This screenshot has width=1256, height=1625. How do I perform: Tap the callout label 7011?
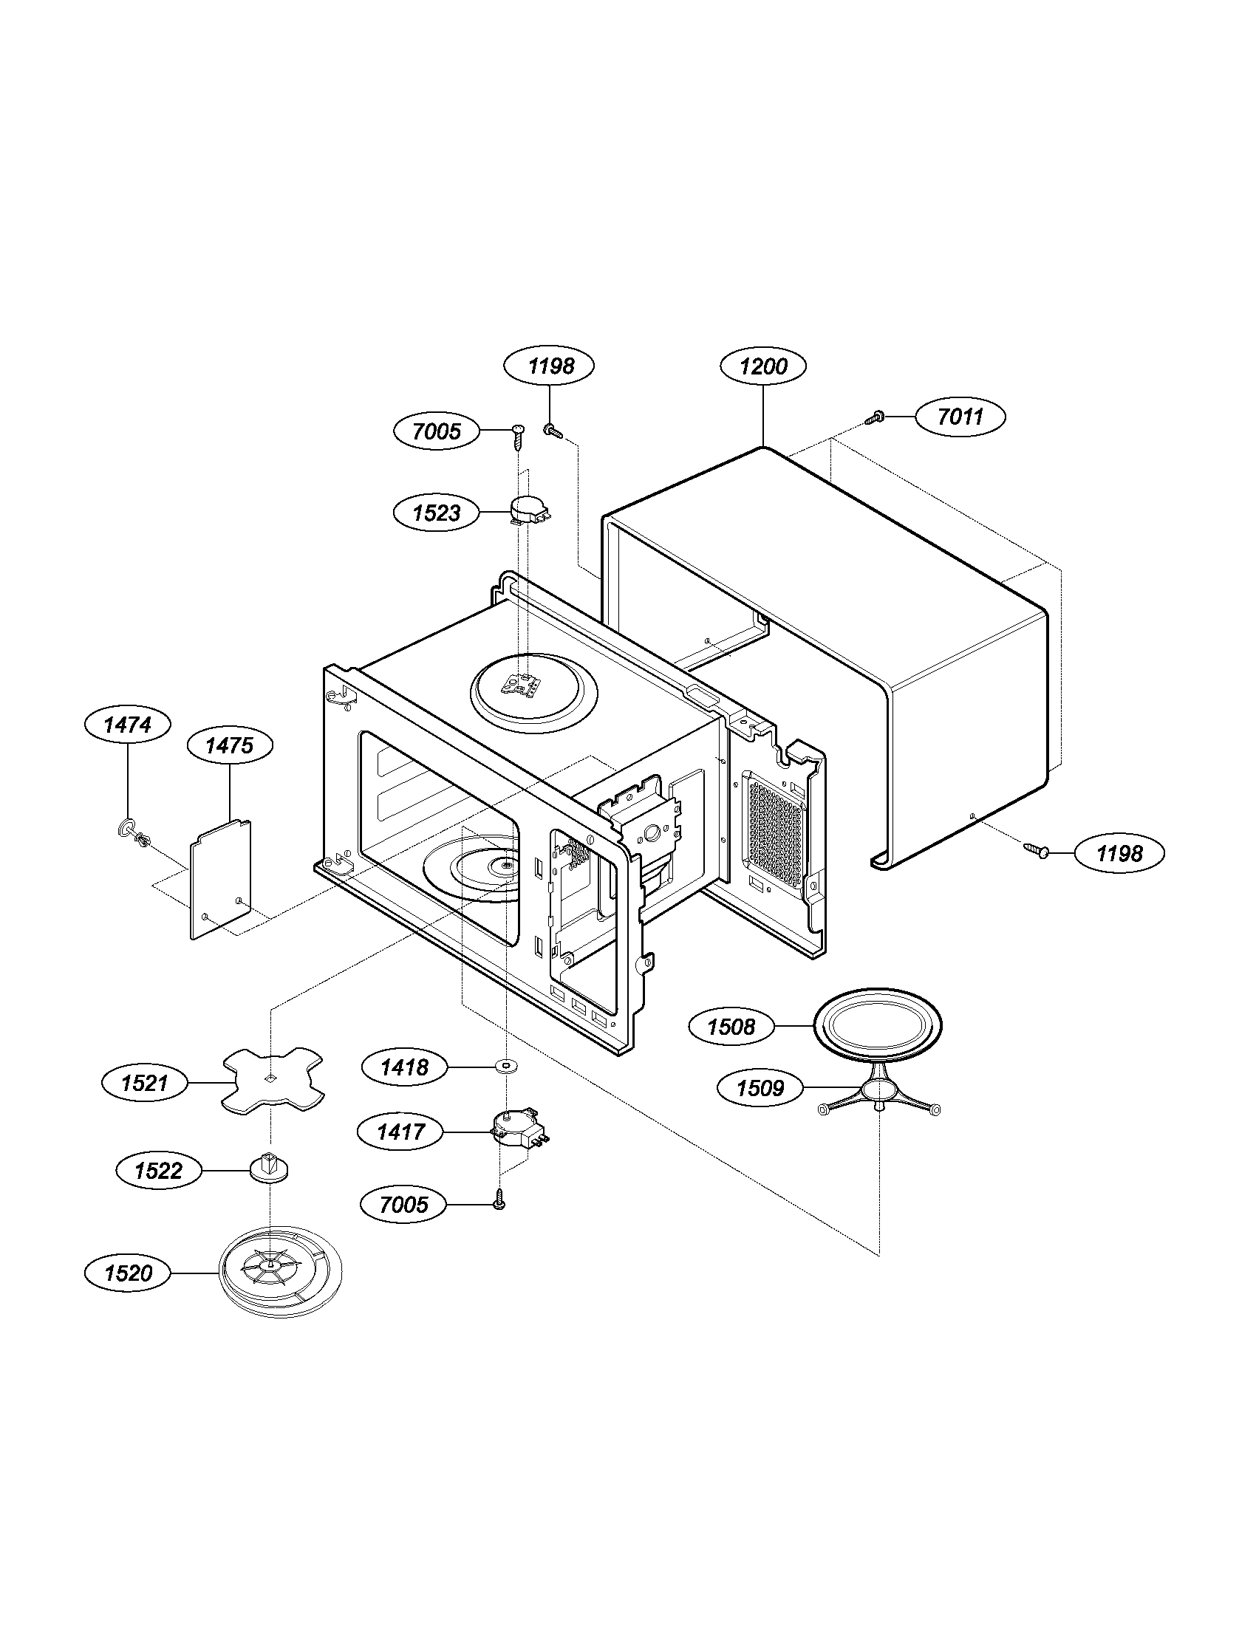coord(960,417)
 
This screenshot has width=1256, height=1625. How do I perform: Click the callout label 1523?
coord(437,513)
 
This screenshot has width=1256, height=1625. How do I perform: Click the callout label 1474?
coord(127,725)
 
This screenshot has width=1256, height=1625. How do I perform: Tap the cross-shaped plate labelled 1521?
coord(273,1081)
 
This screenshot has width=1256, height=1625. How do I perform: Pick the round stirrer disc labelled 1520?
coord(281,1273)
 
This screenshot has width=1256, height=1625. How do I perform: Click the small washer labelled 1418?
coord(507,1068)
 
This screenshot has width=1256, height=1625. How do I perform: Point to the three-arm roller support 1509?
coord(878,1092)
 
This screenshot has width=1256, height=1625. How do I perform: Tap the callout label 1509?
coord(760,1089)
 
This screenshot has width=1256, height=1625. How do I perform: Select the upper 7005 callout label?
coord(437,431)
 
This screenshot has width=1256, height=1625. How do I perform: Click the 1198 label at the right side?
coord(1119,853)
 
